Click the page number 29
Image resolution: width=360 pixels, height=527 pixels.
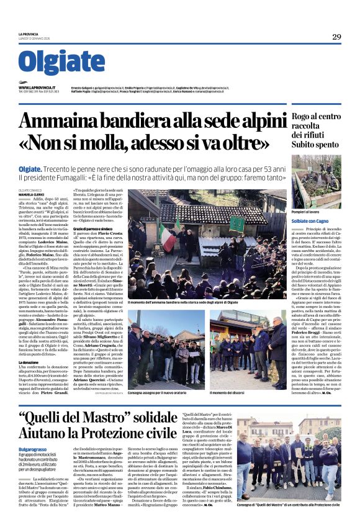(336, 37)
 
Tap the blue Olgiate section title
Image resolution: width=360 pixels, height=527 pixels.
(61, 62)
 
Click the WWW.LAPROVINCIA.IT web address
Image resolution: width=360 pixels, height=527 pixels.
(37, 88)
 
